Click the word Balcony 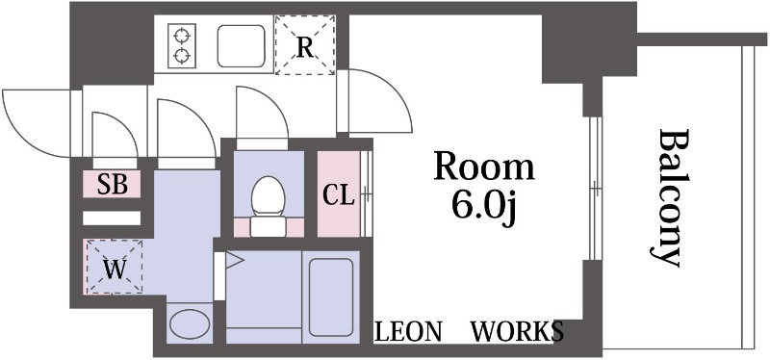669,197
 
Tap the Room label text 484,167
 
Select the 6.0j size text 484,208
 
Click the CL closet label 338,196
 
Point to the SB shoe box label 112,185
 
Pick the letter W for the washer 115,270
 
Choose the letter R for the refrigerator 305,47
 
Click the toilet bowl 268,196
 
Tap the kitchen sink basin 242,45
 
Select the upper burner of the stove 182,36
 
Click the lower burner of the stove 182,55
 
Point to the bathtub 331,297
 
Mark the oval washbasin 189,323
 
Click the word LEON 408,331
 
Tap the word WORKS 518,331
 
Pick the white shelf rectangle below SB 112,219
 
